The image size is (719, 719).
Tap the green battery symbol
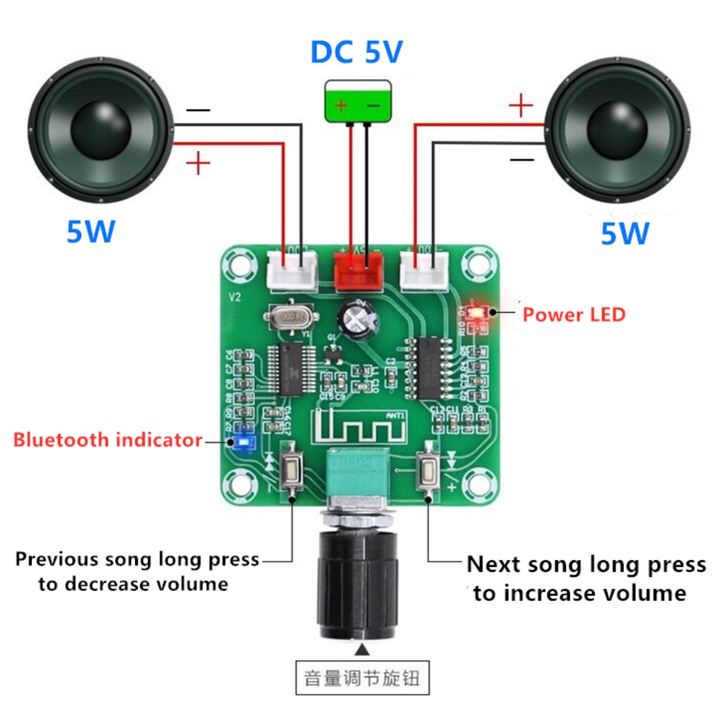point(357,100)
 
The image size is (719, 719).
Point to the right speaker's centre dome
point(618,128)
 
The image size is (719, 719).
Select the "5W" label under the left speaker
point(91,232)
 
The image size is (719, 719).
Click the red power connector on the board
point(357,270)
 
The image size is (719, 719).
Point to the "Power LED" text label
point(574,314)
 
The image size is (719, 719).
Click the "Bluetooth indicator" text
point(108,439)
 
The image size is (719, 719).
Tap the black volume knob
point(357,582)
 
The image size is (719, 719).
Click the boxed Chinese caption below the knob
point(362,677)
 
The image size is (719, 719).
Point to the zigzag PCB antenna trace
point(358,429)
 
